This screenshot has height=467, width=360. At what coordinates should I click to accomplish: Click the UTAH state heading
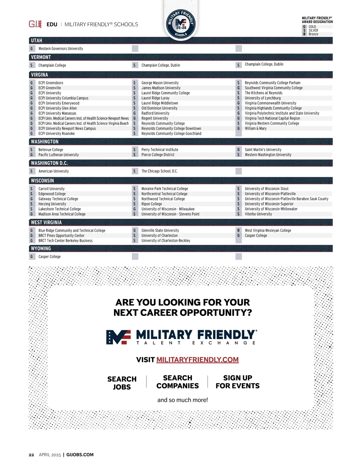point(37,40)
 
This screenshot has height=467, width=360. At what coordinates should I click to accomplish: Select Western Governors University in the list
point(61,49)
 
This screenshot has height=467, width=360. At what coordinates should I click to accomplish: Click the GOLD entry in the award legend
point(312,27)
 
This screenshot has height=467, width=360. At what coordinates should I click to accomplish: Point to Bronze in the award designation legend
point(313,34)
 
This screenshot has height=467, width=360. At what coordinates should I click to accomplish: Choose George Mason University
point(160,83)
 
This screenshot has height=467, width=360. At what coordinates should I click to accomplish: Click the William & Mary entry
point(256,128)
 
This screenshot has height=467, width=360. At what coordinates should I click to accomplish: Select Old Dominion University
point(159,108)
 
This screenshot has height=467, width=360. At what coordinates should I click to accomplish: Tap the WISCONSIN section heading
point(43,181)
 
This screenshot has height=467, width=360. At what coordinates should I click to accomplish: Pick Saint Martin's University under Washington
point(263,150)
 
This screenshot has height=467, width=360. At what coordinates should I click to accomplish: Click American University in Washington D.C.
point(53,171)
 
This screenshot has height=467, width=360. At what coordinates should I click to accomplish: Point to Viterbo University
point(258,214)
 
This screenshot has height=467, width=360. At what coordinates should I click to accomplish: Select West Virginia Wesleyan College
point(268,231)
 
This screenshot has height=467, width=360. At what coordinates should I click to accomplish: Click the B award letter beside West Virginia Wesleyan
point(238,231)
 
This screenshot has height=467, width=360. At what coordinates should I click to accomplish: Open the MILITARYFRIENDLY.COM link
point(197,360)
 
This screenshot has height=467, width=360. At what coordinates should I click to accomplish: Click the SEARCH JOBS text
point(122,383)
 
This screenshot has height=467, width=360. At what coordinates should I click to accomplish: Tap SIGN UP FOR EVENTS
point(238,382)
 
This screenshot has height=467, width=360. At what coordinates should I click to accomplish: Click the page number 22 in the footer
point(31,455)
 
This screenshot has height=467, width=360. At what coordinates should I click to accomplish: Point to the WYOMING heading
point(41,248)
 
